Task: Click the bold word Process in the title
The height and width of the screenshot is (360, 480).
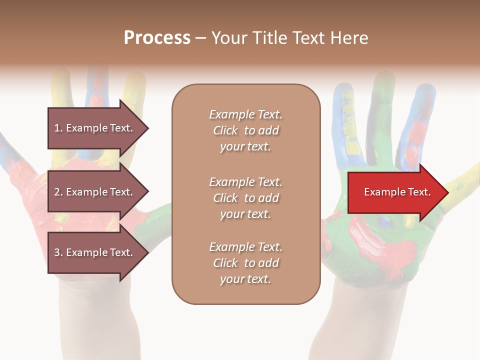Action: coord(157,38)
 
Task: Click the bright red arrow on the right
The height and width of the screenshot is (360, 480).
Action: coord(395,192)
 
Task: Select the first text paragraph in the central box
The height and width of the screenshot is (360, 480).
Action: coord(245,130)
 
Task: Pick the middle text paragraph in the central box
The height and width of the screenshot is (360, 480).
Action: coord(245,198)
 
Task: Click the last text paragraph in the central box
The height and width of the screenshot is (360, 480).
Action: coord(245,263)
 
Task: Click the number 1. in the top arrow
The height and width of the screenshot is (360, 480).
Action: coord(58,128)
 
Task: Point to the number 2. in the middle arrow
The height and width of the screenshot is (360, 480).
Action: coord(58,192)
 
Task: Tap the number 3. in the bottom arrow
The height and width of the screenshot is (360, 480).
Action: coord(58,252)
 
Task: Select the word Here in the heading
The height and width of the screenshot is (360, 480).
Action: coord(349,38)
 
